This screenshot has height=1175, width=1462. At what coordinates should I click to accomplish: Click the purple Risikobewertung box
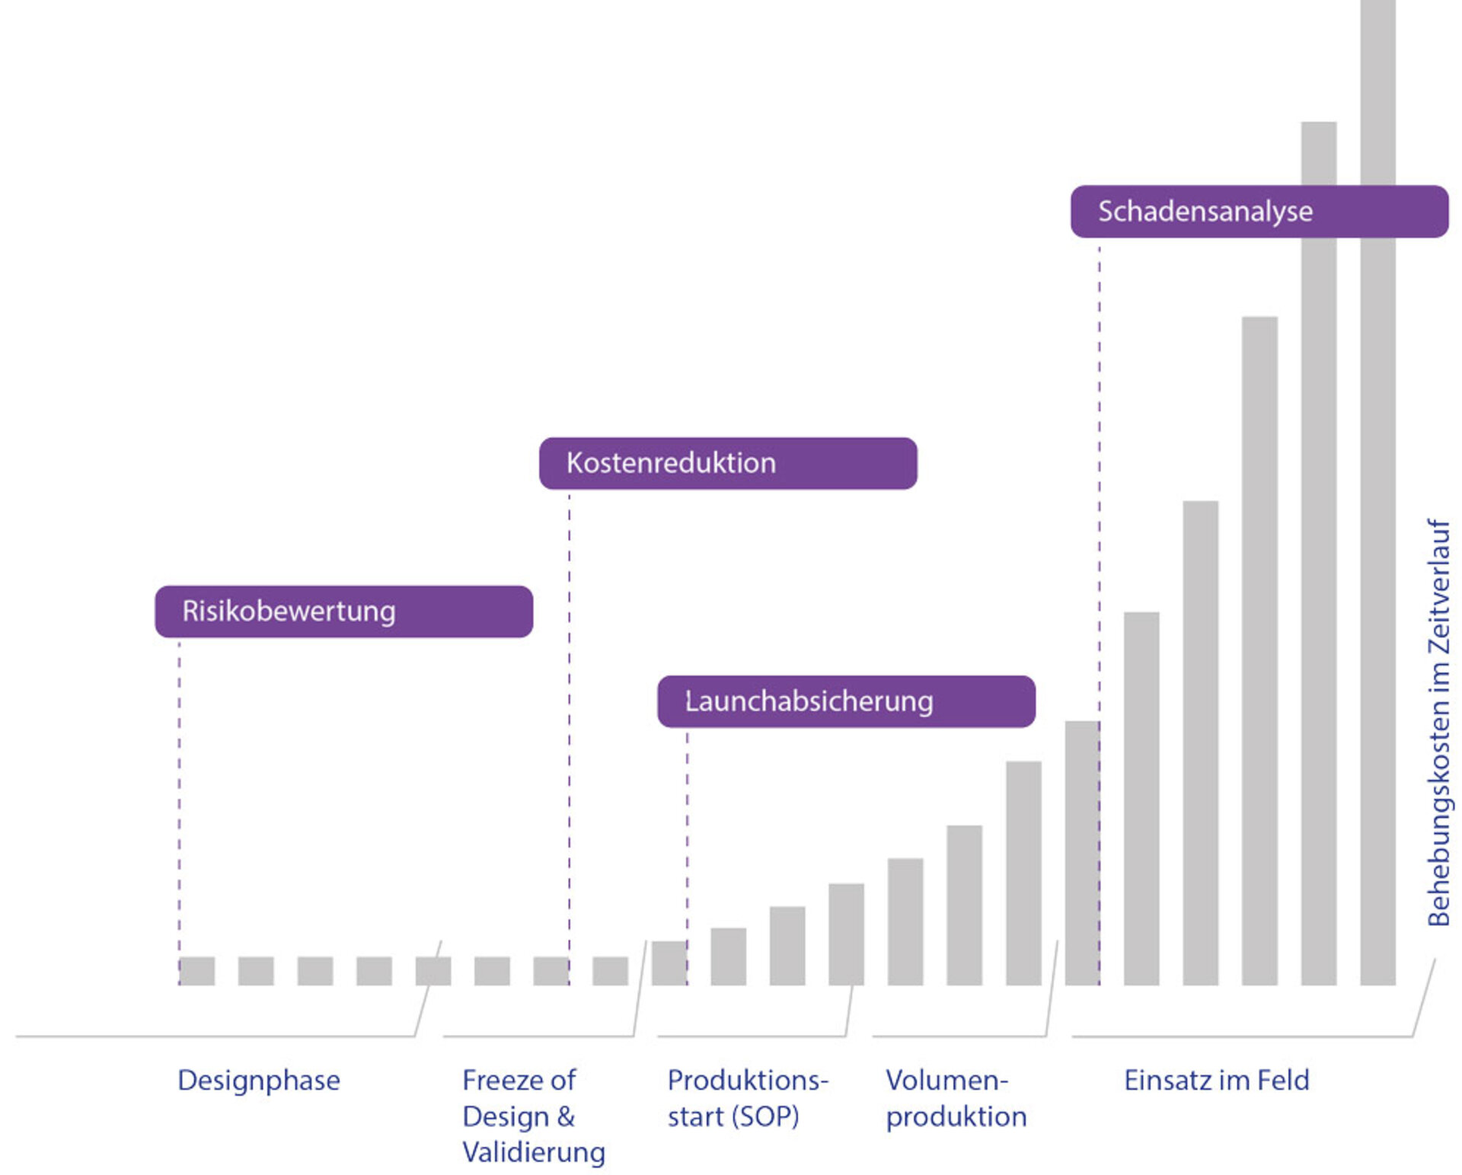343,611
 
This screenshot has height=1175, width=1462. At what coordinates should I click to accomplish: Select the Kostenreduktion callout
727,463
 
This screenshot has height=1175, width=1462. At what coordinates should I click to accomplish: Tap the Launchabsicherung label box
846,701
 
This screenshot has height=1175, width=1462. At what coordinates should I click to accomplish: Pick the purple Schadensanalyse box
1259,212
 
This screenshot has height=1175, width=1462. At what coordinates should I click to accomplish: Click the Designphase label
259,1081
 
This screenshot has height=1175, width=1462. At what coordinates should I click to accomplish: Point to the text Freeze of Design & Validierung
533,1116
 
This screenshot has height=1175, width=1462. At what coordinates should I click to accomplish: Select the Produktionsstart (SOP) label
747,1098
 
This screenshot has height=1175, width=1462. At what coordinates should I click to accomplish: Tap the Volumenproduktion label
956,1098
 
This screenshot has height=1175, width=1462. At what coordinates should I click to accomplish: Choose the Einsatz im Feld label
1216,1081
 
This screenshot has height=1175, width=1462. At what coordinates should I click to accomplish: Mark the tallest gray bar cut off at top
1377,495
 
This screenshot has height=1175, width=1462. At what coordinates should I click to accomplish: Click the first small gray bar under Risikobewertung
197,971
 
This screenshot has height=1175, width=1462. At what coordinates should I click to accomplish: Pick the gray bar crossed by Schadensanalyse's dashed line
1081,853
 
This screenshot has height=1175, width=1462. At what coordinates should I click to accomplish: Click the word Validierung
533,1152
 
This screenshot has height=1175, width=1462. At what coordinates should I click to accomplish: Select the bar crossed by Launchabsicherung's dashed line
669,963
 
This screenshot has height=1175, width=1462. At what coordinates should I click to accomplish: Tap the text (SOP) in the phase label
765,1116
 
